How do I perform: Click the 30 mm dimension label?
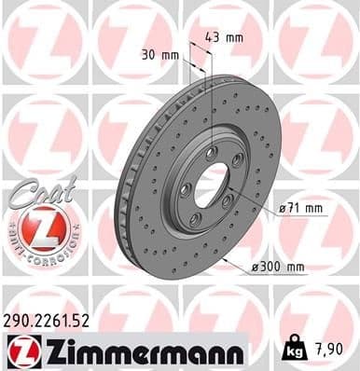pos(161,55)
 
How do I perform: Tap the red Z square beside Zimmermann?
pos(21,351)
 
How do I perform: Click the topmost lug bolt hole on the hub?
pos(211,152)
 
